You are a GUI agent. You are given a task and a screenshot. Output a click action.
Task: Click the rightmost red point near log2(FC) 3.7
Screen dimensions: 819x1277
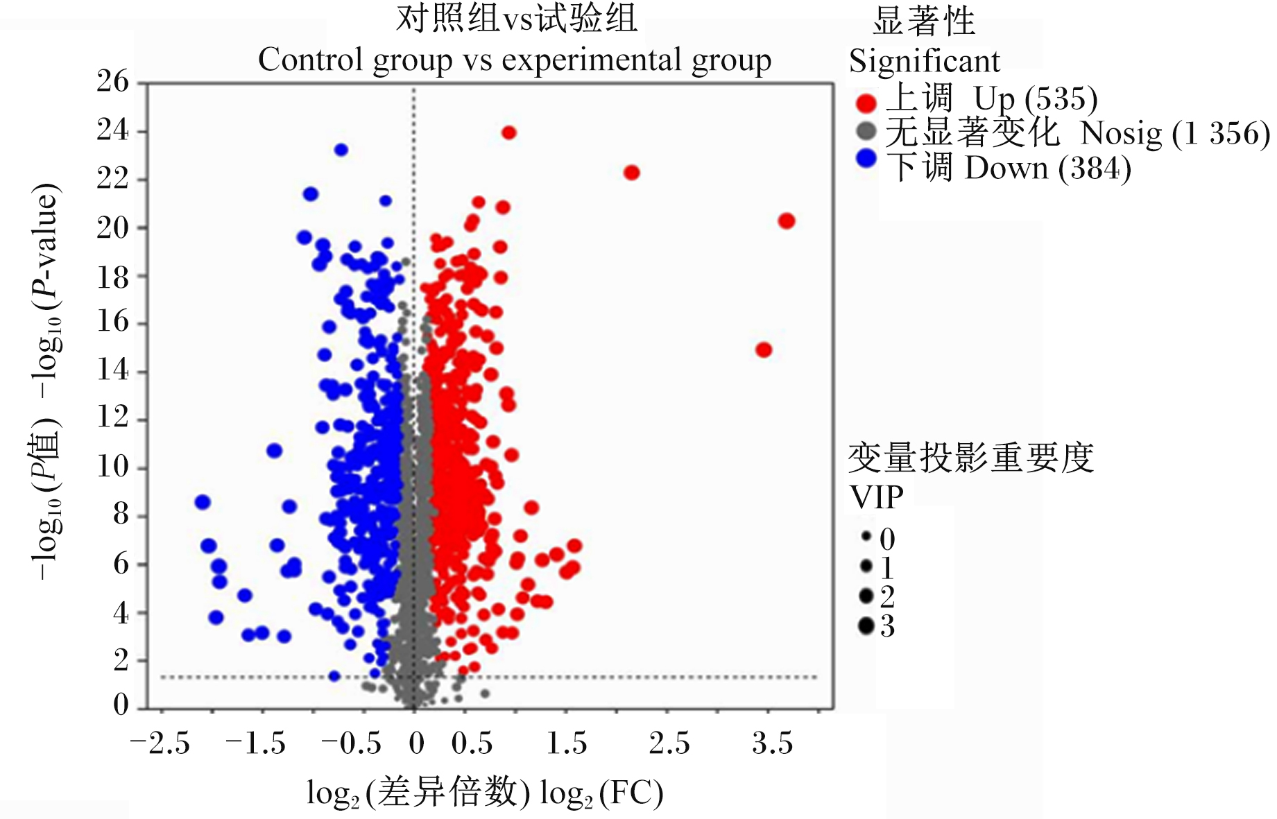[x=786, y=221]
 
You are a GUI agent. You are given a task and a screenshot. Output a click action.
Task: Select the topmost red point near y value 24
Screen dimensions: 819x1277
[x=509, y=132]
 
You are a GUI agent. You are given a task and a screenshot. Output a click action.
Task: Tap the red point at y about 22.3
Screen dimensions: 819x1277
[x=631, y=173]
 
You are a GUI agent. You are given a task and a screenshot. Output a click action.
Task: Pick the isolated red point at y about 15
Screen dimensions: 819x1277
[x=764, y=350]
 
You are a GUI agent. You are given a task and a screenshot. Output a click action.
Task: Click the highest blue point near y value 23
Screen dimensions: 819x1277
[x=341, y=150]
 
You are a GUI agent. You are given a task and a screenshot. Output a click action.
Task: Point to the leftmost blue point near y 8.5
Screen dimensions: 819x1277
[x=203, y=502]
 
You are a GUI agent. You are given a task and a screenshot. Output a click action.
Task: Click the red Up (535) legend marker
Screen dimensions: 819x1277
[x=866, y=103]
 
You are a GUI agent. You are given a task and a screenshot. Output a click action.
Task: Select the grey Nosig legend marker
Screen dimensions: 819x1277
[x=866, y=130]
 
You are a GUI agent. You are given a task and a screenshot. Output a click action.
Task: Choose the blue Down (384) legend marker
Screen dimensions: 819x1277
[x=866, y=158]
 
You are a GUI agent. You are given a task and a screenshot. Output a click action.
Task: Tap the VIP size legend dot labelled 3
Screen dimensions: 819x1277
[x=866, y=626]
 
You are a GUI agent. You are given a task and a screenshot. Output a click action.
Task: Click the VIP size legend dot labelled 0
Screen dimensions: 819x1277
[x=866, y=537]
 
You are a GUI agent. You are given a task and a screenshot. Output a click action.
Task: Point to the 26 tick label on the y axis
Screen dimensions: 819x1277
[x=113, y=82]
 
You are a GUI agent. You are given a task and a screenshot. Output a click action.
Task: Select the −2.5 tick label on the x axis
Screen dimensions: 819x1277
[x=160, y=743]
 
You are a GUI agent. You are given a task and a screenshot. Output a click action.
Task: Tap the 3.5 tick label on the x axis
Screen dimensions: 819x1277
[x=772, y=743]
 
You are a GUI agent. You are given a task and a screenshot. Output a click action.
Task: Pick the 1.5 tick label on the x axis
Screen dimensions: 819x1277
[x=567, y=743]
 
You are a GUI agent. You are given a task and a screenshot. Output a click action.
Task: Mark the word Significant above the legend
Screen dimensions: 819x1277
[x=925, y=61]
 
